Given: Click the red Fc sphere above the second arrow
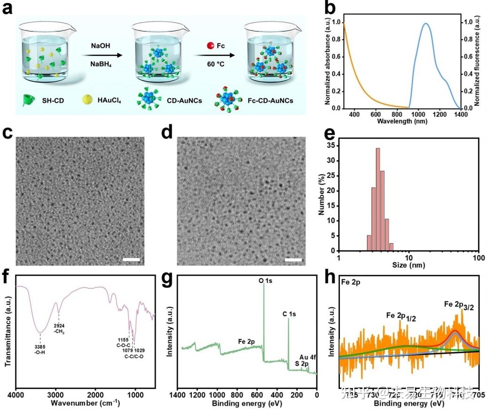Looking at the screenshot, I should [211, 46].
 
